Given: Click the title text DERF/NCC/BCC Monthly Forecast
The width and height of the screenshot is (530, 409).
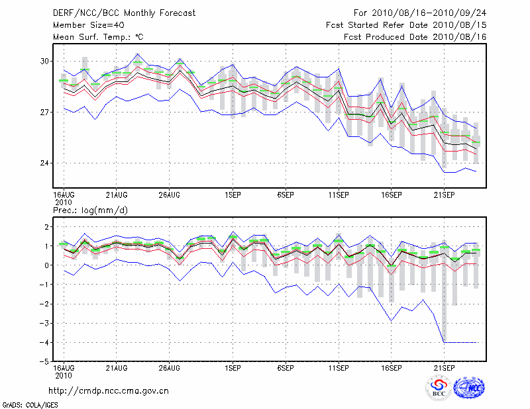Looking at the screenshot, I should click(x=115, y=13).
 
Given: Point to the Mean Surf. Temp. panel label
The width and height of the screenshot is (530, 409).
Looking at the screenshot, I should click(x=98, y=37).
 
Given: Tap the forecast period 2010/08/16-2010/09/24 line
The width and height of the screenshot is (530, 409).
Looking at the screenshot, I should click(x=420, y=13).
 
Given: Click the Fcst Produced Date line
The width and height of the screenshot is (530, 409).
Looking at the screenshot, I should click(x=415, y=37).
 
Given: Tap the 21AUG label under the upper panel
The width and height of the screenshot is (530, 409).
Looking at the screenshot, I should click(x=117, y=195).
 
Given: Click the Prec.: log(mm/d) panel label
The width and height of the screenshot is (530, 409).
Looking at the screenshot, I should click(x=90, y=210).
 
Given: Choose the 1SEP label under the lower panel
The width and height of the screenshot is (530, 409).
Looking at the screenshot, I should click(x=232, y=366).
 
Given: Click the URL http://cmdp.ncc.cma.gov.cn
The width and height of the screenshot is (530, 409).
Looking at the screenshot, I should click(x=109, y=390).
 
